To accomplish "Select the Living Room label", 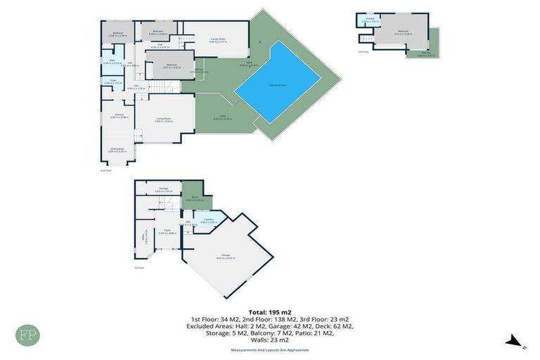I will (x=164, y=119).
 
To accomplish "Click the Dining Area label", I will (x=117, y=149).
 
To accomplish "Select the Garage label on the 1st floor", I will (x=226, y=255).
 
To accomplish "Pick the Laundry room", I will (x=209, y=220).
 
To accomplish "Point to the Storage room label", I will (x=163, y=188).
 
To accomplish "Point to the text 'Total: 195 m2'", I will (x=269, y=311).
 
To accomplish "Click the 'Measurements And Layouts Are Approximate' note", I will (x=269, y=349).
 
